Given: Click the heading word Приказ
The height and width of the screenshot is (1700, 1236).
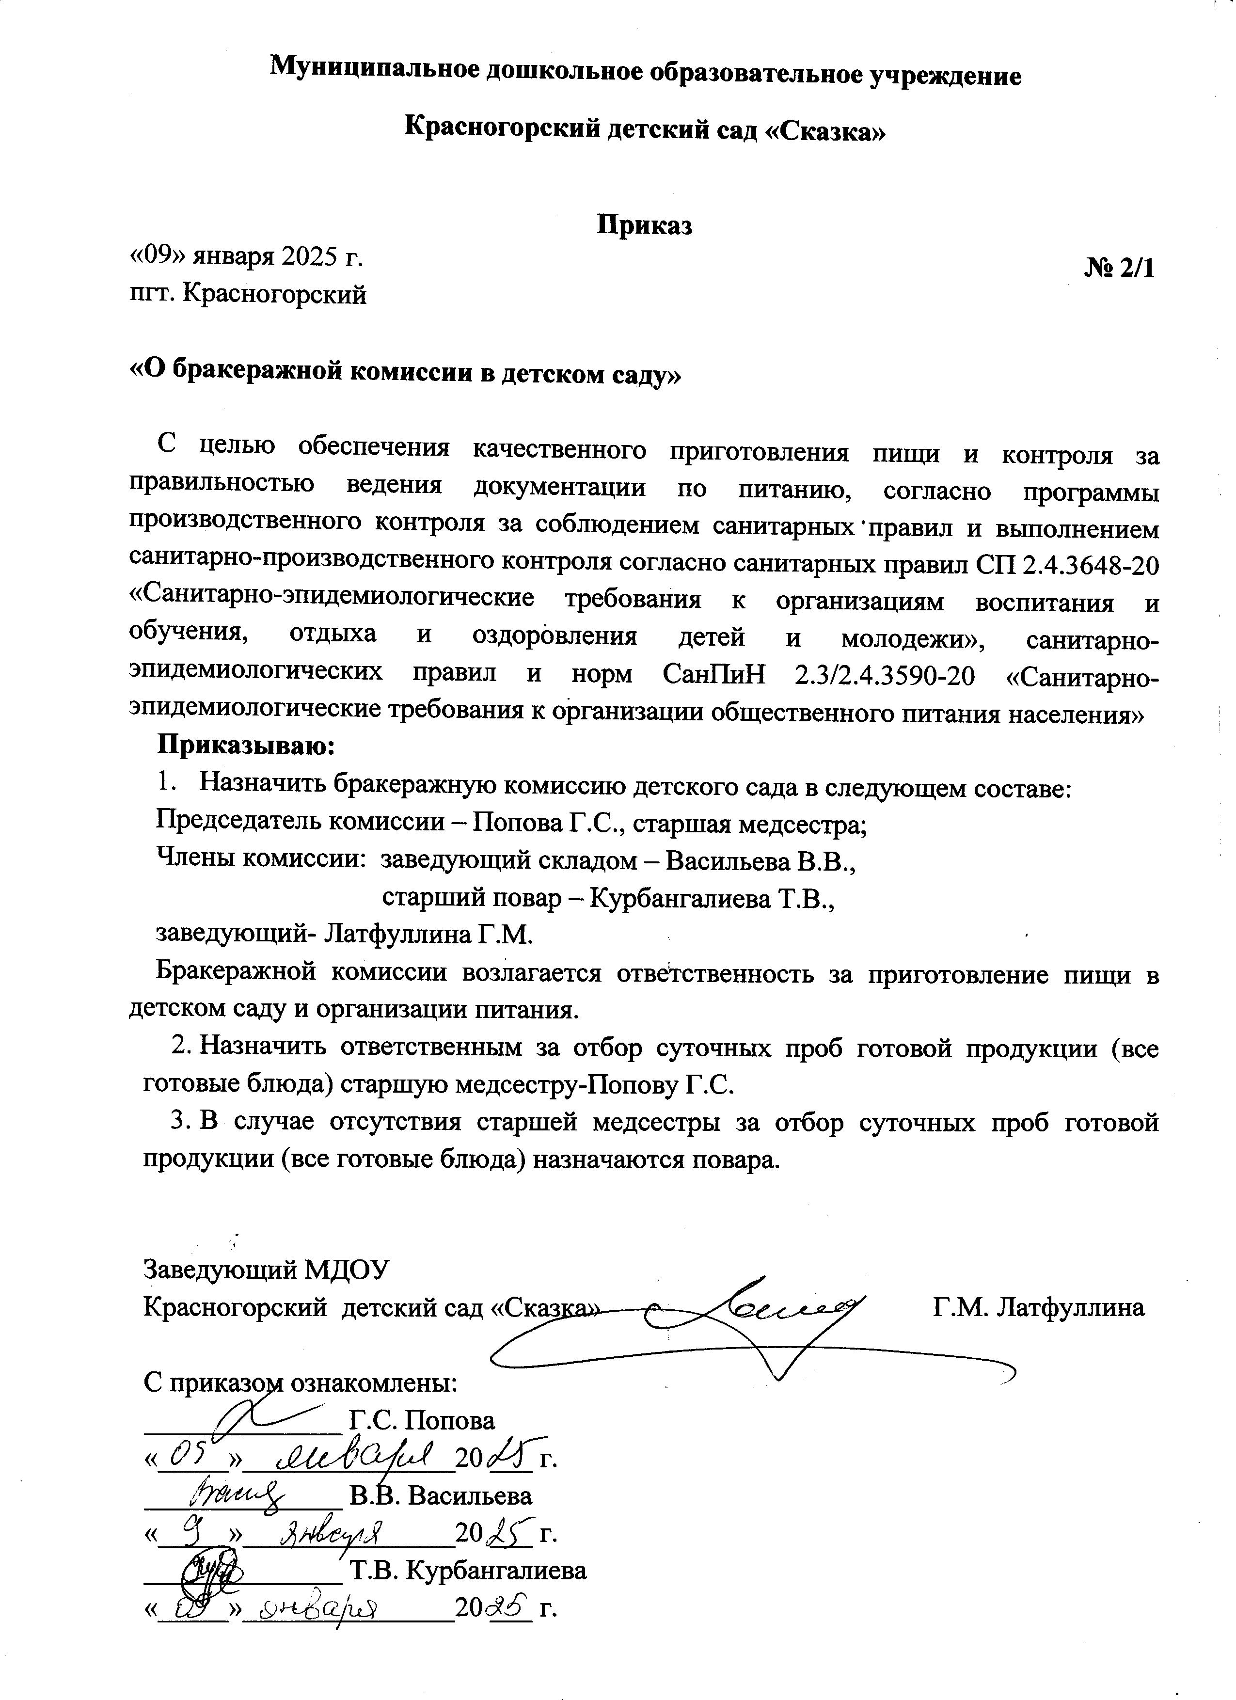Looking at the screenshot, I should click(x=643, y=225).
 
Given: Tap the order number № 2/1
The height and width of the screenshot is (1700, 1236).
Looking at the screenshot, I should click(x=1120, y=269).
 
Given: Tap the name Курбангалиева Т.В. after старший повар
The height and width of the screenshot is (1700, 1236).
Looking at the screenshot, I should click(x=712, y=898).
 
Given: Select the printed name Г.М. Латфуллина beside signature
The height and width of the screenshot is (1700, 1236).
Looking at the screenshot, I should click(x=1038, y=1307).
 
